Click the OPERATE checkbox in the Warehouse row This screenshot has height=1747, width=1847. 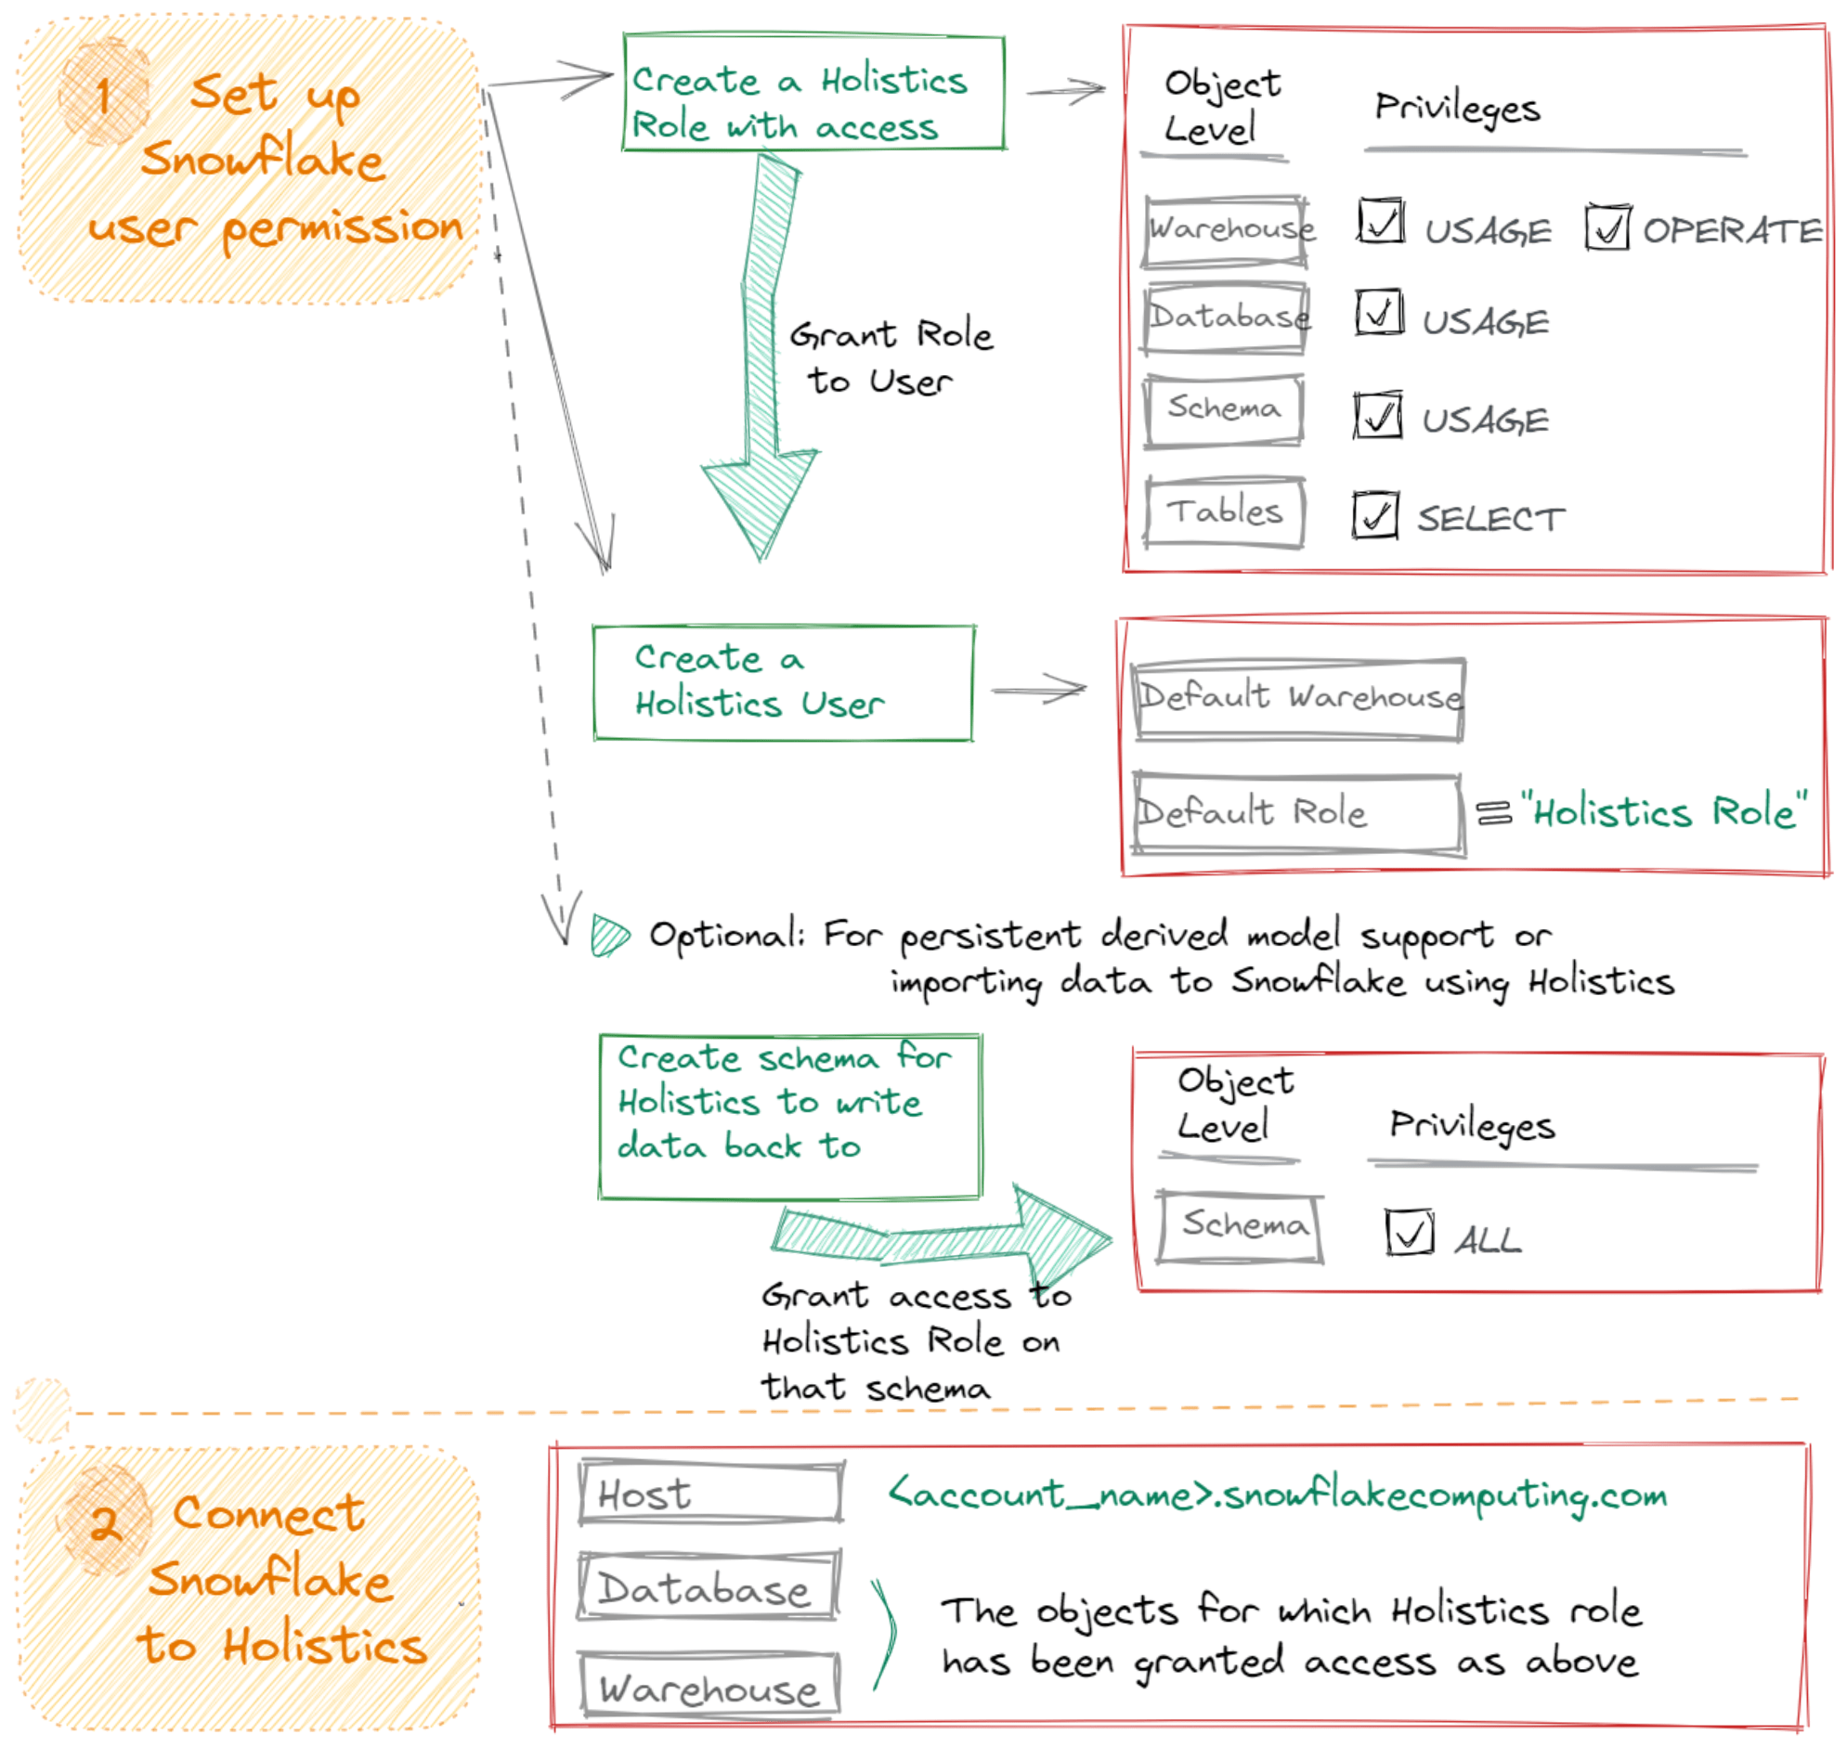coord(1606,227)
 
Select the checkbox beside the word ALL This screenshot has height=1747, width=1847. coord(1409,1232)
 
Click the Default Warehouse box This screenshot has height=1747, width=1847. coord(1299,698)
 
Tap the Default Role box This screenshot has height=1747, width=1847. coord(1296,813)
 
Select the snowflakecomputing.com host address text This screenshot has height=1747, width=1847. coord(1276,1495)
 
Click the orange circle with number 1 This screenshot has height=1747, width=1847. coord(103,93)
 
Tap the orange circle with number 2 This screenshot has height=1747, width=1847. coord(104,1521)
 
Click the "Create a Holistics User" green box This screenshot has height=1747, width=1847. coord(784,682)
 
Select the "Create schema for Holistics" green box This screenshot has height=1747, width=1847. coord(790,1116)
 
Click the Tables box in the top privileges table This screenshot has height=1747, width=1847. coord(1224,512)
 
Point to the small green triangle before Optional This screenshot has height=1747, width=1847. coord(608,935)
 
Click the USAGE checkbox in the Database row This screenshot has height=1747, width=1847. coord(1378,312)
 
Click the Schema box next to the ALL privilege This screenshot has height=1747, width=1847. coord(1240,1228)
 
